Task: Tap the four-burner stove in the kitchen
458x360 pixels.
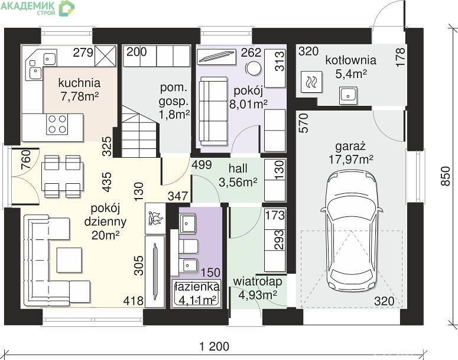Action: click(57, 124)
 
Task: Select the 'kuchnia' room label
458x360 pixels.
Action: click(79, 83)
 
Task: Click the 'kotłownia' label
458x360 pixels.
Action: click(350, 60)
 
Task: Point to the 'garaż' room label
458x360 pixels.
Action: click(350, 146)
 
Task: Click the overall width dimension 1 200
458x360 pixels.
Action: click(214, 346)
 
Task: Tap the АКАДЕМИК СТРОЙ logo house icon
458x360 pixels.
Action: click(67, 8)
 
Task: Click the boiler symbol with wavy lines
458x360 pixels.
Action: click(311, 82)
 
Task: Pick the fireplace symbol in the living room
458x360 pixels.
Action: click(155, 219)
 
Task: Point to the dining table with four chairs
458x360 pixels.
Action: click(63, 176)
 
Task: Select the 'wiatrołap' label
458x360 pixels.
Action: click(258, 281)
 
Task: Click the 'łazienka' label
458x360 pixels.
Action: click(196, 286)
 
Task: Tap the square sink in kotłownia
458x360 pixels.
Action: click(348, 95)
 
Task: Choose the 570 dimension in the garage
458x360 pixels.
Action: click(304, 123)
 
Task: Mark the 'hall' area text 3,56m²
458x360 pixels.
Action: click(238, 182)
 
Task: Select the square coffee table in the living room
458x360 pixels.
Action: click(70, 260)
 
